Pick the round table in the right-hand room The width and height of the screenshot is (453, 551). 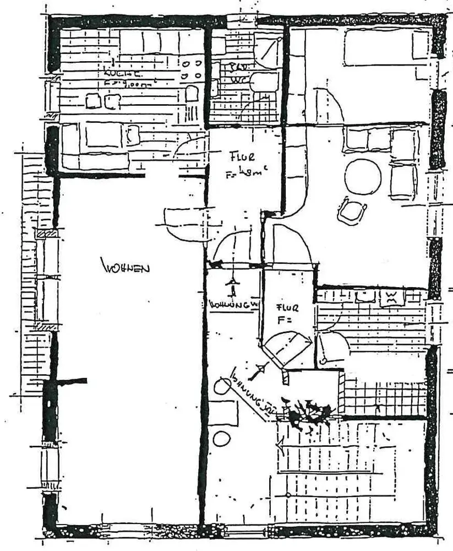[x=363, y=176]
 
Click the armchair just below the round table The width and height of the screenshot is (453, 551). [x=352, y=211]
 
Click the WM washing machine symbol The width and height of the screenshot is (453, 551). [x=391, y=298]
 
